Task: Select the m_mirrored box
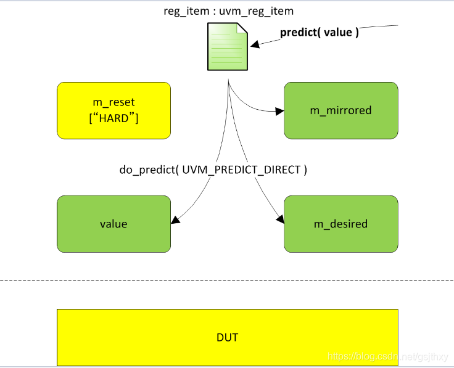(x=340, y=110)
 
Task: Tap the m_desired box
(x=340, y=224)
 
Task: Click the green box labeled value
(x=113, y=224)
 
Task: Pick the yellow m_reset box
(x=113, y=110)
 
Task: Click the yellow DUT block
(x=227, y=337)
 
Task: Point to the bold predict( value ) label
(x=320, y=33)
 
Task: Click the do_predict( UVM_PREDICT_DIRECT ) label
(x=213, y=170)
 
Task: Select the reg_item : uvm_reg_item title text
(x=228, y=10)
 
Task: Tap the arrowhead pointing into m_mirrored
(x=279, y=112)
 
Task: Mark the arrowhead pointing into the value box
(x=176, y=219)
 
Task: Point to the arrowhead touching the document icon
(x=254, y=44)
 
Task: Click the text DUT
(x=227, y=337)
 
